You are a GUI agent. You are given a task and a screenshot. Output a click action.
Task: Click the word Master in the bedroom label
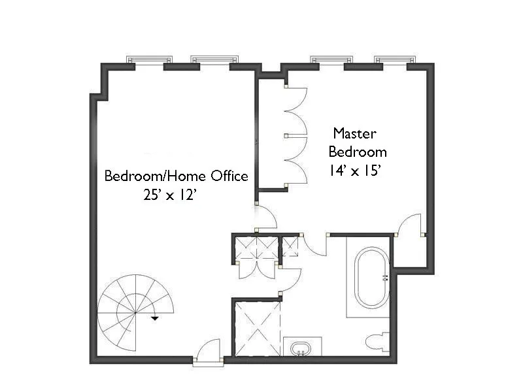coord(355,133)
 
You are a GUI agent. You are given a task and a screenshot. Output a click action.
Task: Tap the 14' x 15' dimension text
coord(356,171)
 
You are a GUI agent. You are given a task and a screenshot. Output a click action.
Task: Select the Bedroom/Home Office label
coord(177,176)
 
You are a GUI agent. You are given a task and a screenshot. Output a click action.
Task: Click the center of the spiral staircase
coord(135,313)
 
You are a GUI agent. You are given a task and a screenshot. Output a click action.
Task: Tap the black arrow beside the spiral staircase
coord(155,318)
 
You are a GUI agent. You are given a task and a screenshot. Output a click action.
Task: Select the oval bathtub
coord(372,278)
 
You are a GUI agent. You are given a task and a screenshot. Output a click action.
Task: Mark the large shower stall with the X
coord(257,328)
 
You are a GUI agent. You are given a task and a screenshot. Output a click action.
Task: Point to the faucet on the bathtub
coord(385,277)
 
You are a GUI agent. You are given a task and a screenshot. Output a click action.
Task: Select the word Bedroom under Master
coord(358,152)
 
